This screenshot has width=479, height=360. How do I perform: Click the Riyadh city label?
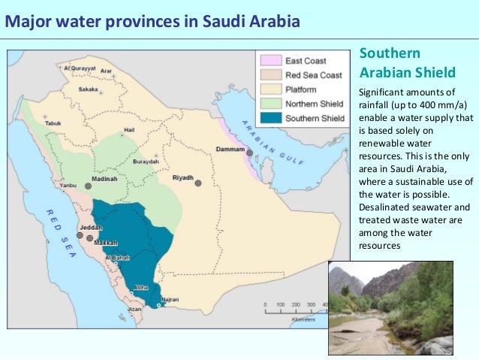coord(182,177)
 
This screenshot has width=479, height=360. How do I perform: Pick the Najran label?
coord(170,299)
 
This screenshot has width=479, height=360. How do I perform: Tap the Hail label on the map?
coord(129,128)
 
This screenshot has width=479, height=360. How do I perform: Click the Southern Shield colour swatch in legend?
coord(270,118)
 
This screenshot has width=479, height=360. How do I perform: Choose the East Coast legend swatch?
coord(270,59)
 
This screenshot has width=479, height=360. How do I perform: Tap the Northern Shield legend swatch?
coord(270,104)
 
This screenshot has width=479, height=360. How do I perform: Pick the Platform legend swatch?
coord(270,89)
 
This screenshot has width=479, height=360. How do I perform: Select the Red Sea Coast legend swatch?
coord(270,74)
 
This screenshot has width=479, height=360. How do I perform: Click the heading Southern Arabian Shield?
coord(407,63)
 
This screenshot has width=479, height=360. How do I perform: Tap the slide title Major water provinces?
coord(152,20)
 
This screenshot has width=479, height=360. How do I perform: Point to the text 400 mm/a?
coord(438,105)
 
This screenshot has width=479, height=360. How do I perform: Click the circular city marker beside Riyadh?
coord(198,183)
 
